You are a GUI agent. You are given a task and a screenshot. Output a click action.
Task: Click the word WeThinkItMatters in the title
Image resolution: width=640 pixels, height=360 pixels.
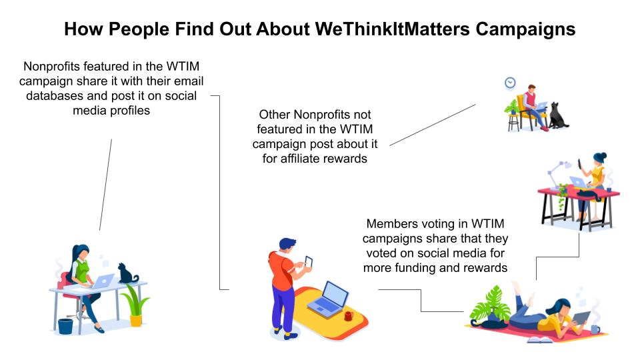392,29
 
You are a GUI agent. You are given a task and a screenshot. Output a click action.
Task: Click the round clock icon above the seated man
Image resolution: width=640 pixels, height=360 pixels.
510,83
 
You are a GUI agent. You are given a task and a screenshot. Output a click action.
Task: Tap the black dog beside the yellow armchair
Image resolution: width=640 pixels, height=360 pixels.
557,115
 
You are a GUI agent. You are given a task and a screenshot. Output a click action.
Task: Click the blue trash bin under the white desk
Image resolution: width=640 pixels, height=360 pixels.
65,326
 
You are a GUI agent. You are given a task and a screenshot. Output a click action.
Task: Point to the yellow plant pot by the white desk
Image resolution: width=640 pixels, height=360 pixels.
135,319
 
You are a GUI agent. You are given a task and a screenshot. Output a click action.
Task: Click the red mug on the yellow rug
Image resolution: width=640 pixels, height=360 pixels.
349,315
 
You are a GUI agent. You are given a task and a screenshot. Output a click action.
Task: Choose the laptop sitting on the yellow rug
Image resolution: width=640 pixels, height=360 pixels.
329,300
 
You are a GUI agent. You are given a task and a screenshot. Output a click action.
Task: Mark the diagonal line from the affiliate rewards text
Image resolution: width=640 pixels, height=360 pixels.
433,125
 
